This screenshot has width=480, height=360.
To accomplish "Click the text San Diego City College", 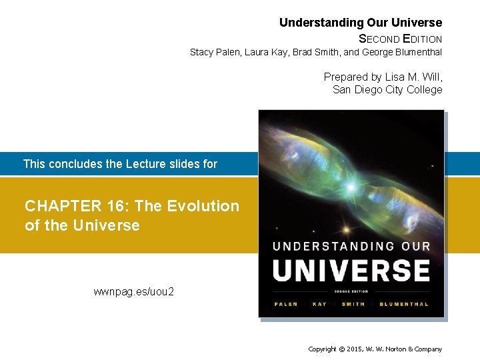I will [387, 89].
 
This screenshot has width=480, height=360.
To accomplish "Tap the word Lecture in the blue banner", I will [147, 163].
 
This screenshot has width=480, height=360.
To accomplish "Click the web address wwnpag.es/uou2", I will [134, 291].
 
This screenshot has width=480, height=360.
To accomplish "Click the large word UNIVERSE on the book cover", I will [351, 270].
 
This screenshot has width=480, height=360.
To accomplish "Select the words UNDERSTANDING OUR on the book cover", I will [351, 246].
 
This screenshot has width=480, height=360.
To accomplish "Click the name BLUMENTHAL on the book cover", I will [404, 304].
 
